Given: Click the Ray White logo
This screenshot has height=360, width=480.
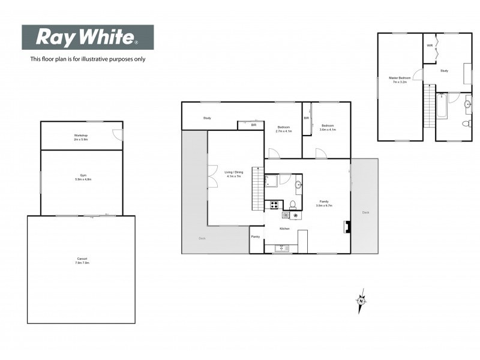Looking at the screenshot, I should pyautogui.click(x=88, y=37).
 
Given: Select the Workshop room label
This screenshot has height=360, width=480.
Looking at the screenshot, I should pyautogui.click(x=81, y=136).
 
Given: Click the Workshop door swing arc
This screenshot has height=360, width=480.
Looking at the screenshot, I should pyautogui.click(x=117, y=135).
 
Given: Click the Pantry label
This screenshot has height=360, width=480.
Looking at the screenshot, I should pyautogui.click(x=256, y=236).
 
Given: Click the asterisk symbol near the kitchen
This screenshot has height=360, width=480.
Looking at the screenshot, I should pyautogui.click(x=295, y=215).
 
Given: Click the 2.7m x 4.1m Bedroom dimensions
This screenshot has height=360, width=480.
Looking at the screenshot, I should pyautogui.click(x=284, y=131).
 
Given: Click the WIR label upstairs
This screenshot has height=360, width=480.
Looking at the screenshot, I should pyautogui.click(x=430, y=46).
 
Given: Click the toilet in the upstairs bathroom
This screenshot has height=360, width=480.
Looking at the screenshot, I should pyautogui.click(x=467, y=123).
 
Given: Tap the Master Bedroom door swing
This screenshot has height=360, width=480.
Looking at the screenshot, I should pyautogui.click(x=419, y=76).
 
